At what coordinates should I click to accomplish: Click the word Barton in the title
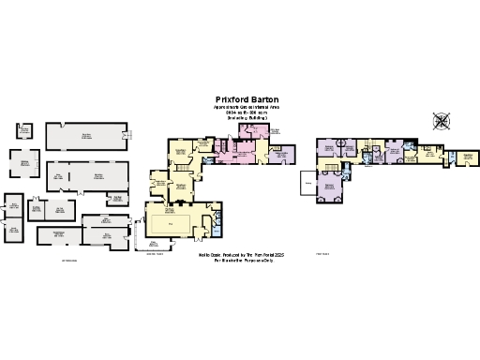point(262,98)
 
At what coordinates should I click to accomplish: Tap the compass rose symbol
point(442,121)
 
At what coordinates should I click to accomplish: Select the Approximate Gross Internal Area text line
point(246,107)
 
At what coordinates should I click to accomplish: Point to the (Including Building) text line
point(246,117)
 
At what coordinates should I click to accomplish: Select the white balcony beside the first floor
point(307,184)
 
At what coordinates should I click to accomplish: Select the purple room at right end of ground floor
point(282,156)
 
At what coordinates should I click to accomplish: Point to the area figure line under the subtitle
point(246,112)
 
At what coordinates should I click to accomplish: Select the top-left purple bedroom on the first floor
point(328,149)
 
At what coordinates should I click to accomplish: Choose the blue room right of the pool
point(217,224)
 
